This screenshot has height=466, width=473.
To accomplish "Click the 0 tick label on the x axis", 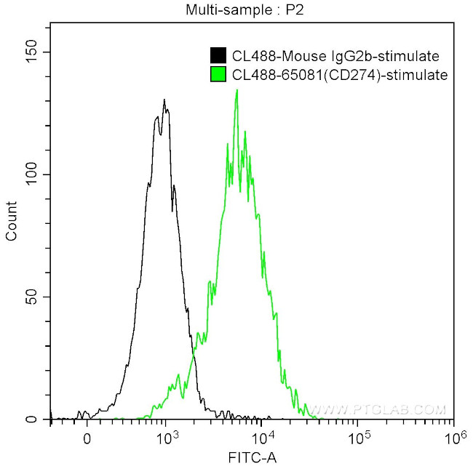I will click(x=87, y=439).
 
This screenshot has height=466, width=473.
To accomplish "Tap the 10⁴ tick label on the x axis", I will click(x=263, y=438).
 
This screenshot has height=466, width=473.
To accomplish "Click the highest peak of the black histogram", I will click(x=164, y=100).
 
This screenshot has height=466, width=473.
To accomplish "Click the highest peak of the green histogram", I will click(x=236, y=91).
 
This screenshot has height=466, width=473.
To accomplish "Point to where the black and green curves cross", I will click(x=194, y=355).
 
